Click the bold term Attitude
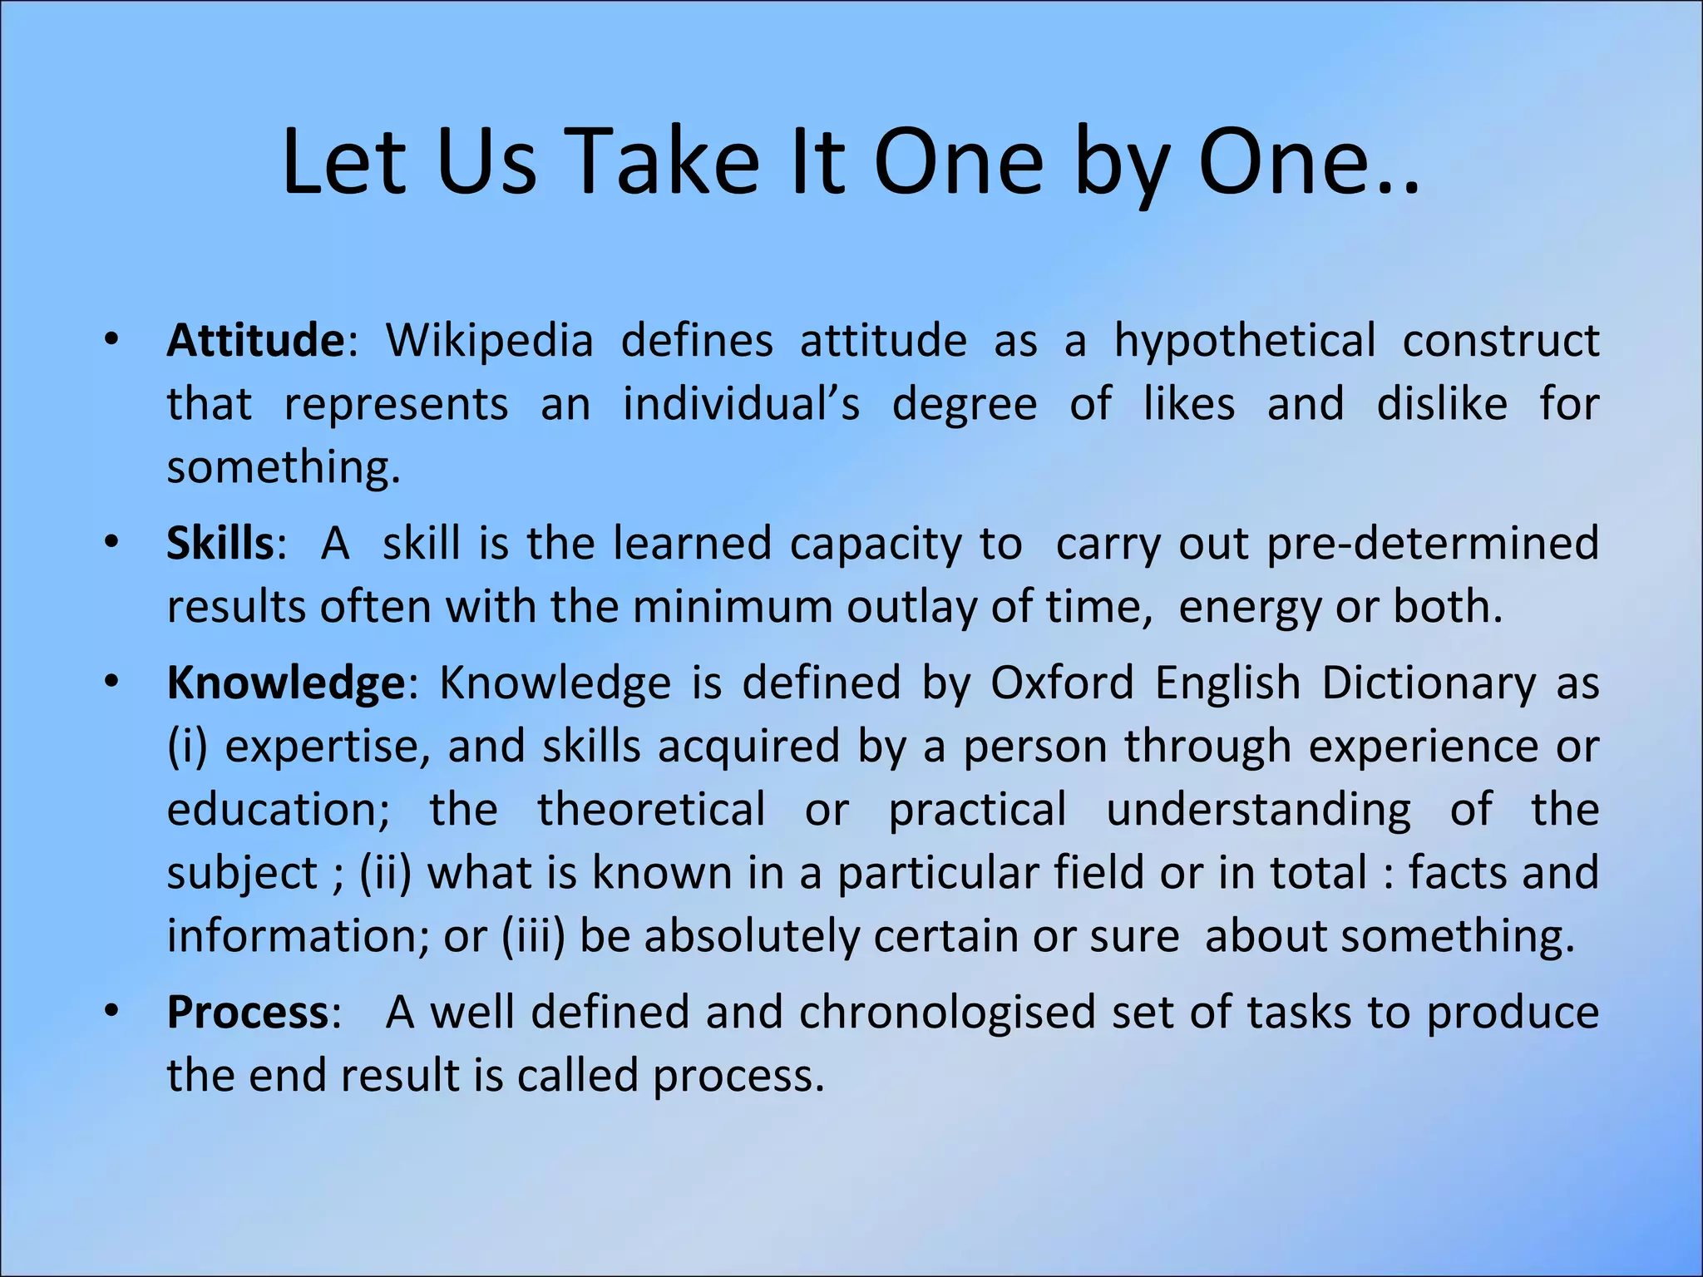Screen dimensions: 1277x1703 [x=255, y=341]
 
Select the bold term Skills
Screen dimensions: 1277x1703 [x=220, y=544]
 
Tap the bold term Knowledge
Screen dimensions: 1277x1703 [x=286, y=683]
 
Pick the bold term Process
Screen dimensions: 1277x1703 [x=248, y=1013]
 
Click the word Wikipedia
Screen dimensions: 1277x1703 [x=490, y=341]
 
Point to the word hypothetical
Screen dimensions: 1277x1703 [x=1245, y=341]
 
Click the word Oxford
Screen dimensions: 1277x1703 [x=1062, y=683]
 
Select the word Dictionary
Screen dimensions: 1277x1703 [x=1429, y=683]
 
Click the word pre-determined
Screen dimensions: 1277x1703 [x=1432, y=544]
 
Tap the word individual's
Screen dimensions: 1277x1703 [x=742, y=404]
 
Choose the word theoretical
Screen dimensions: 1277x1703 [x=651, y=810]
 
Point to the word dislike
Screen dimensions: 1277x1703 [x=1442, y=404]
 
